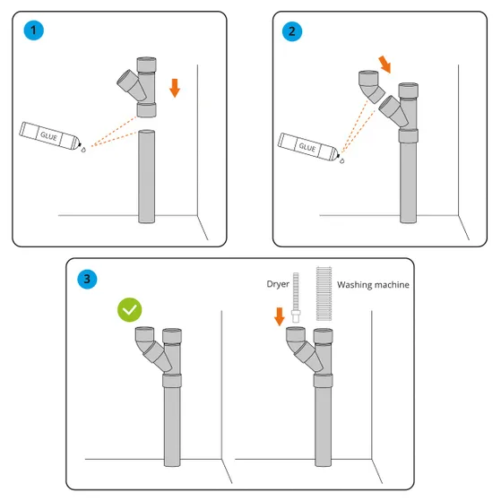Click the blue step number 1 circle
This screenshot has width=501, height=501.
coord(33,30)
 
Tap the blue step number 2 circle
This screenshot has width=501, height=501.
coord(291,31)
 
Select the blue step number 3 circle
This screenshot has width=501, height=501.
coord(87,279)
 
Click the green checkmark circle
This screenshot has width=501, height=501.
coord(129,309)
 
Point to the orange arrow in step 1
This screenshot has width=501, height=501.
coord(175,88)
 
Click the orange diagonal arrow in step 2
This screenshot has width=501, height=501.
coord(384,65)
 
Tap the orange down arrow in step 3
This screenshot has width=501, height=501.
coord(280,316)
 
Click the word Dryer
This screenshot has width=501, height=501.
coord(278,284)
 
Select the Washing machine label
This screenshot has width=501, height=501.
coord(373,285)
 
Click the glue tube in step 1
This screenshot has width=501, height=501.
coord(49,136)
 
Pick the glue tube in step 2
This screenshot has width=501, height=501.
coord(307,147)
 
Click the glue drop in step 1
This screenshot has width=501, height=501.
coord(83,150)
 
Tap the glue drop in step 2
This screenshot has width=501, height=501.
coord(342,160)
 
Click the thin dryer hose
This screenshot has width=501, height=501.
coord(296,298)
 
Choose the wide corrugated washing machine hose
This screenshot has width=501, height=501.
coord(324,294)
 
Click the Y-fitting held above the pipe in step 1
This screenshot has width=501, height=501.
coord(140,87)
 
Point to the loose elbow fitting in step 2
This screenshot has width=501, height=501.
coord(371,86)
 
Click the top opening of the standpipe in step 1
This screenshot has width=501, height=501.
coord(147,132)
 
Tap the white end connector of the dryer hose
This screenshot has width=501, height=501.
coord(296,316)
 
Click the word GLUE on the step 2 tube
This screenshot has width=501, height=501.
coord(307,147)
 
